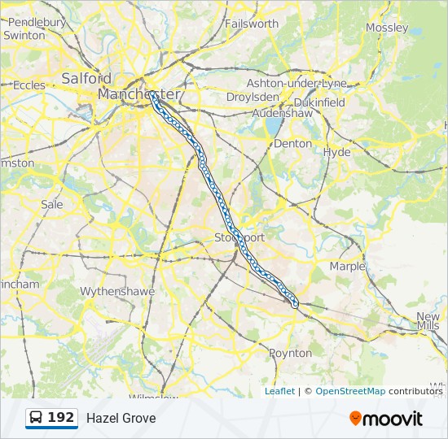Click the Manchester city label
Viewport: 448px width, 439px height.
138,95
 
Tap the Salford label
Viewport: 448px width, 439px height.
86,79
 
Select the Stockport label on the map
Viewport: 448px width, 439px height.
239,237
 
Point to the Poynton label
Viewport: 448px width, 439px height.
290,353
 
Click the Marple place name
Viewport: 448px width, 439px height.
347,266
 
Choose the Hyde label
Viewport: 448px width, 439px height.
336,152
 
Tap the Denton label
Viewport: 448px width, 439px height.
292,143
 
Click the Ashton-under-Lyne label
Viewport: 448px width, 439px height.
296,83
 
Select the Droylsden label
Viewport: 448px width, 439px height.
253,97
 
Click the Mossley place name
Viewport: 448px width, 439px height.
387,28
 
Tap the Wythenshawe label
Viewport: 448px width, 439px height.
112,291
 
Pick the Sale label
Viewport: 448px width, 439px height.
51,205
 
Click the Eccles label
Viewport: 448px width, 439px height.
29,85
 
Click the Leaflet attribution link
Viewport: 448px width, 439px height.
279,391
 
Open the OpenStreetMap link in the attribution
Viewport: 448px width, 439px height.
350,391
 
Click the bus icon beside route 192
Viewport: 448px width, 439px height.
37,418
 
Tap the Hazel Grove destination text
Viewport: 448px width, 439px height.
121,418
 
